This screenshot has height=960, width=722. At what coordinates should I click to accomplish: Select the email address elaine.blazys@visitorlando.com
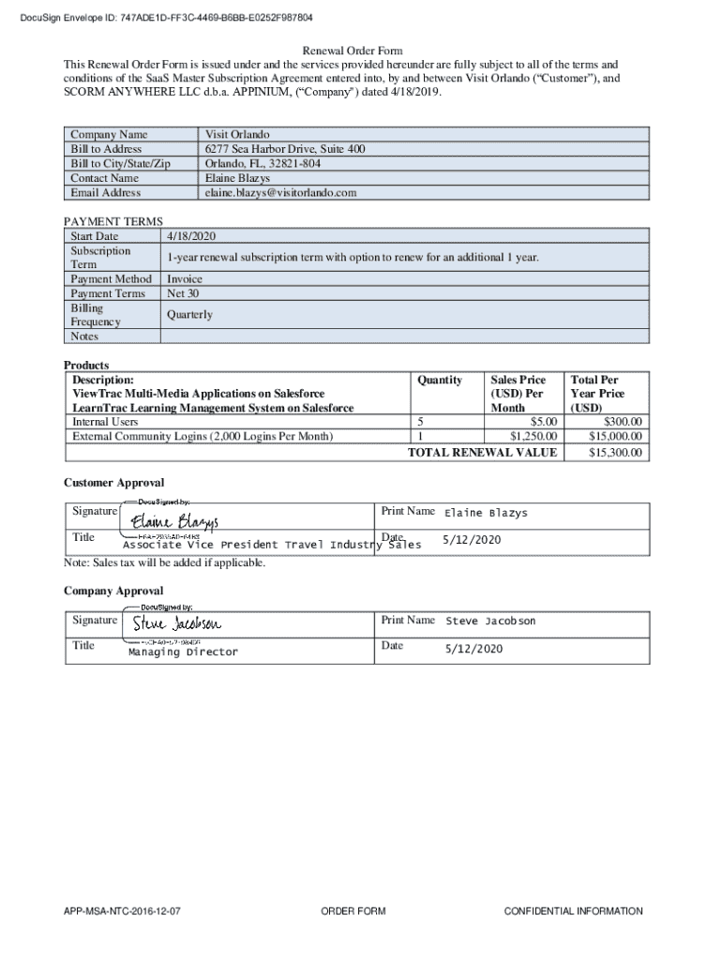280,192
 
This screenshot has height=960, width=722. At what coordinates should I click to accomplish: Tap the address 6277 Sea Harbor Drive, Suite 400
284,149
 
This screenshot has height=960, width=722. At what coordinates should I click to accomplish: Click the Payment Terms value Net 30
183,293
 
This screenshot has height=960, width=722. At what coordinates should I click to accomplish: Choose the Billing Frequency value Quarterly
189,315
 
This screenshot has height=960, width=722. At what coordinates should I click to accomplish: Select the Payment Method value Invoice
186,279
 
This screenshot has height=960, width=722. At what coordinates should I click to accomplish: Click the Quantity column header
439,380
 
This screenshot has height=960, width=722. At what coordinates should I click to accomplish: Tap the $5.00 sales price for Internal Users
543,422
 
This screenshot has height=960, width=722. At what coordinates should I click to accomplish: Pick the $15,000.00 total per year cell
614,436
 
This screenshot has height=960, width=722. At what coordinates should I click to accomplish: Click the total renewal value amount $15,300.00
614,453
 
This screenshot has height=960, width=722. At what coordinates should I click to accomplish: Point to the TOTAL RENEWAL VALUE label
482,453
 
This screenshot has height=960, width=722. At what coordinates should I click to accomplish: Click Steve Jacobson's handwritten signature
176,624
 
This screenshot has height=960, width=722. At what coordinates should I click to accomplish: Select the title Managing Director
183,652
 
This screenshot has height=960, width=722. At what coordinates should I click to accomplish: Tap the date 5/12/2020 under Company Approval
474,649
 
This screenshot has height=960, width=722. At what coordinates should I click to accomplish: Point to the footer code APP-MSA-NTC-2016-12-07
122,911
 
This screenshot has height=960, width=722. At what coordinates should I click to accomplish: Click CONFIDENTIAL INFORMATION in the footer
573,911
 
